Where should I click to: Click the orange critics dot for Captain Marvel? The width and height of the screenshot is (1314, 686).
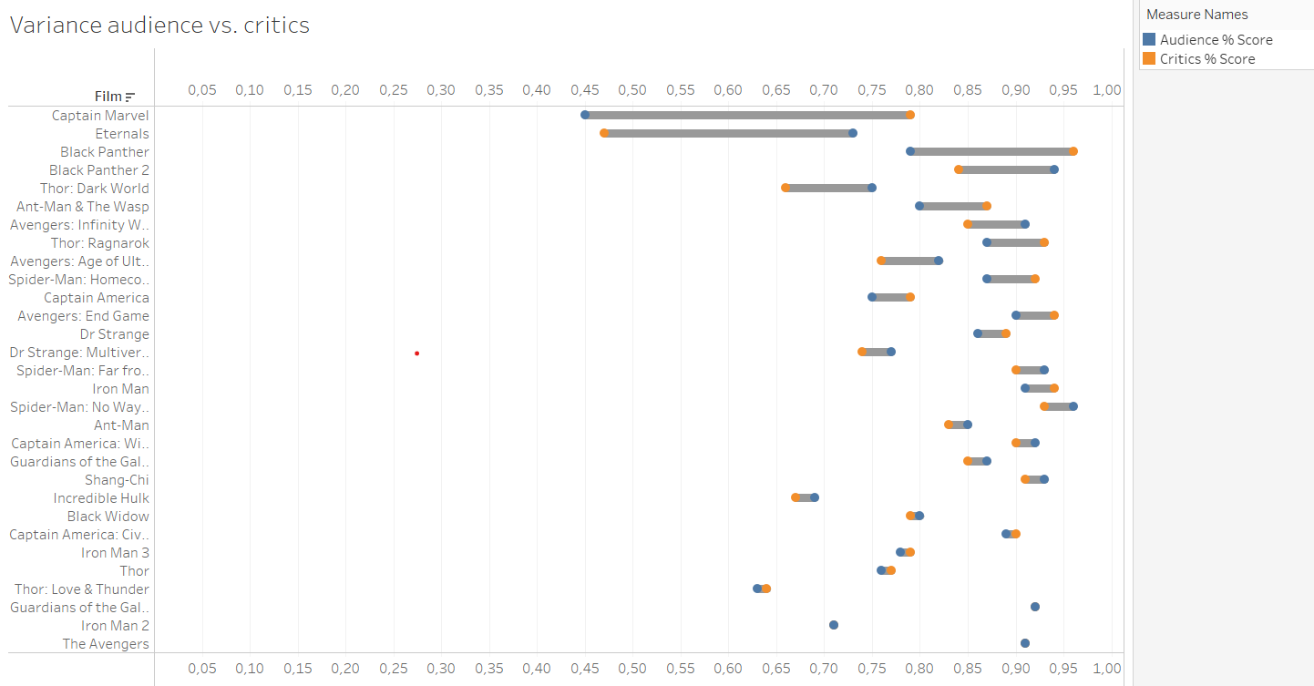coord(909,115)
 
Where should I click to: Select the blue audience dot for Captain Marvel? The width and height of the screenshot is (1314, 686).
coord(585,115)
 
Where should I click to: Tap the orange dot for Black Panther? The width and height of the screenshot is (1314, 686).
coord(1073,151)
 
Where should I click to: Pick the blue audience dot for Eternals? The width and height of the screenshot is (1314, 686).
coord(853,133)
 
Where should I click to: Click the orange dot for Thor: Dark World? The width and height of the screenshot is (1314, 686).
coord(785,188)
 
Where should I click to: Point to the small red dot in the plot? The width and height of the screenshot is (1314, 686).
coord(416,353)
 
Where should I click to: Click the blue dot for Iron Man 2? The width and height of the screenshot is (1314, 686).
coord(834,625)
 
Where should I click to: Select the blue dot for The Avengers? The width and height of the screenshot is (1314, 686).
coord(1025,643)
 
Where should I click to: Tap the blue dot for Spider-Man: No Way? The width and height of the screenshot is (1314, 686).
coord(1073,406)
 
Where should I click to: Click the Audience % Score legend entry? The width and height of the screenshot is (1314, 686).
coord(1216,40)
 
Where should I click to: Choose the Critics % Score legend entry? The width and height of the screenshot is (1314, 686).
coord(1206,59)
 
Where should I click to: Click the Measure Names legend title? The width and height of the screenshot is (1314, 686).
coord(1196,15)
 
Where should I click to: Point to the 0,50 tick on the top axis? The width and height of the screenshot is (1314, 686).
coord(632,89)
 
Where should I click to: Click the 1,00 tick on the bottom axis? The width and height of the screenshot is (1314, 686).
coord(1106,668)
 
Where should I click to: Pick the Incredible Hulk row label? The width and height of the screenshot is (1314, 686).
coord(101,498)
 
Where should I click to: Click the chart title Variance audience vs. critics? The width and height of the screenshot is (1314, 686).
coord(159,26)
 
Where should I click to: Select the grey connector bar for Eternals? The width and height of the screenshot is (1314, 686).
coord(729,133)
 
